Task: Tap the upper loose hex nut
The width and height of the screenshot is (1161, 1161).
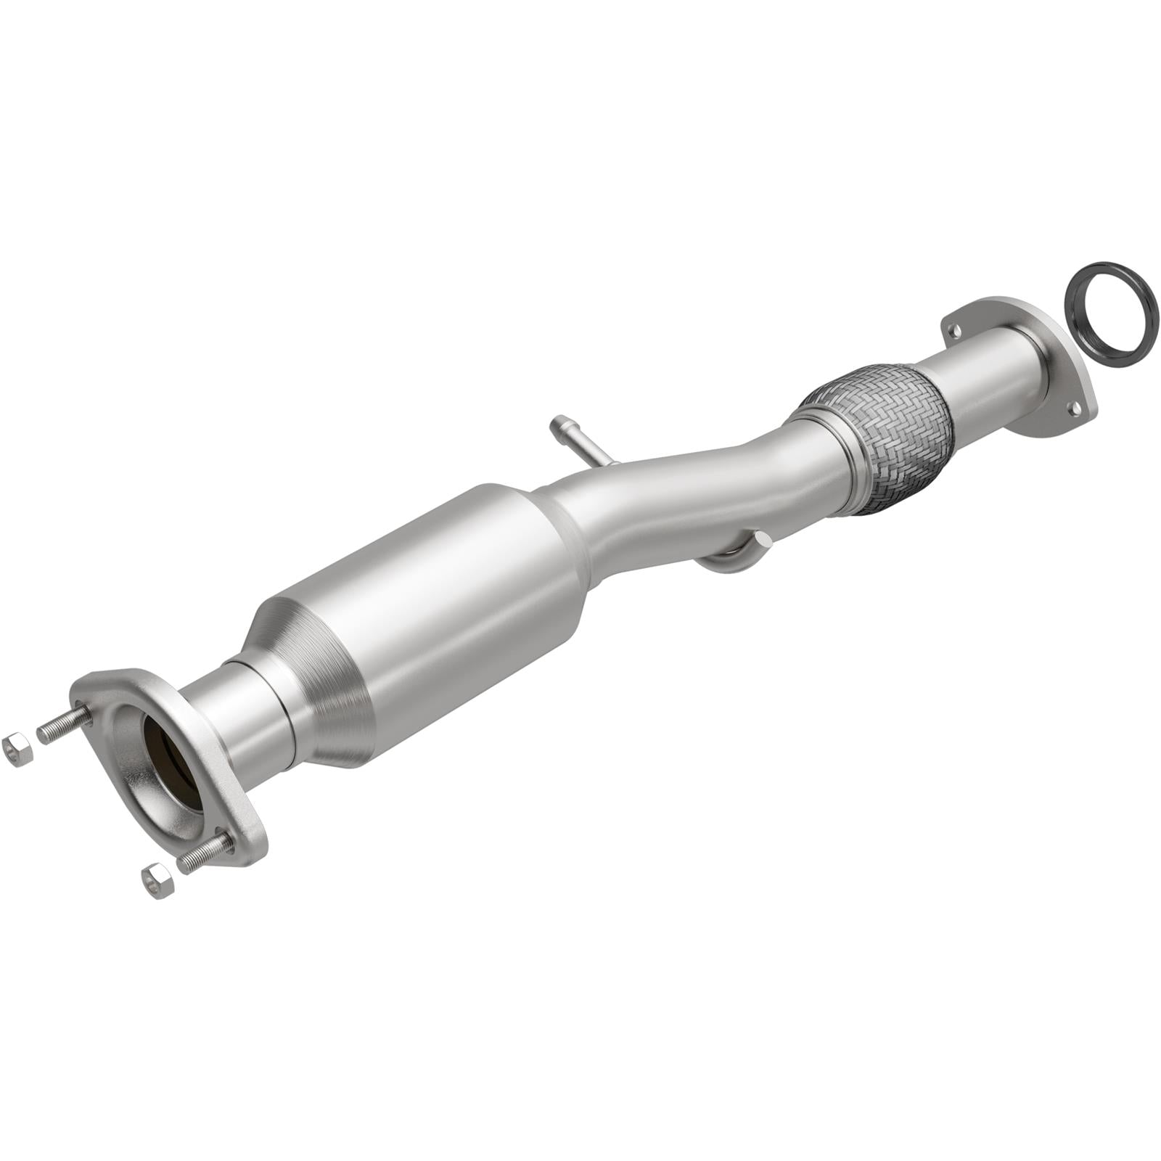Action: click(17, 750)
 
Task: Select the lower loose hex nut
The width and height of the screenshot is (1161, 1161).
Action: click(157, 880)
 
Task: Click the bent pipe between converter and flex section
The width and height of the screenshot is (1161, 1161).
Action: click(689, 493)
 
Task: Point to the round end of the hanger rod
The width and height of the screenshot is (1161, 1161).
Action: click(761, 540)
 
